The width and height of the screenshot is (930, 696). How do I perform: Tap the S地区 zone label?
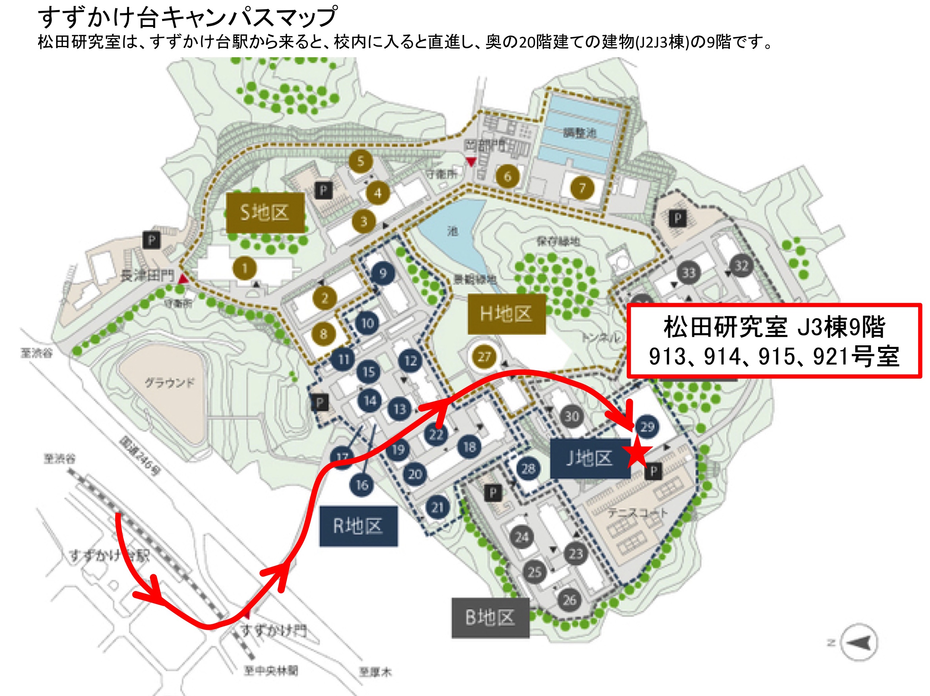265,212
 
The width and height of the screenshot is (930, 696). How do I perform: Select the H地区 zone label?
506,314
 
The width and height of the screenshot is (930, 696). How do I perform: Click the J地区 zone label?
589,458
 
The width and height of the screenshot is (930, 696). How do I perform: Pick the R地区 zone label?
358,526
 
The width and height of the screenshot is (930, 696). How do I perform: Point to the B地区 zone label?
490,618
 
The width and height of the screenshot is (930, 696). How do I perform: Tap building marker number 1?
245,268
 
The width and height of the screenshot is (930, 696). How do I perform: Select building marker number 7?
582,188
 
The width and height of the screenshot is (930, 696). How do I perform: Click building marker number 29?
647,427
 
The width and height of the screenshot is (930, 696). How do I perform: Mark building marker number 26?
570,600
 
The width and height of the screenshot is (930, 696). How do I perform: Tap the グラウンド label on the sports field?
170,382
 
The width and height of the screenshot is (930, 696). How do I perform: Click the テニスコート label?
637,513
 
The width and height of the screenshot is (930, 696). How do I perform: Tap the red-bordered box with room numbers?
774,341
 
